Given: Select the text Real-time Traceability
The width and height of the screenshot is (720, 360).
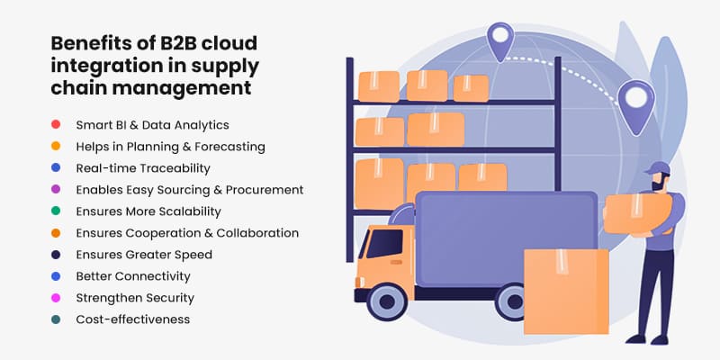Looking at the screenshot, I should [143, 167].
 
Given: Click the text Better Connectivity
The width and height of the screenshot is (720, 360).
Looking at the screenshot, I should [133, 276].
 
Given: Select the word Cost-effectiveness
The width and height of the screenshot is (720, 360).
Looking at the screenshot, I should [132, 319].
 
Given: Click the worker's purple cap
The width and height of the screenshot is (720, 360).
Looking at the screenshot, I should [659, 169].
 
